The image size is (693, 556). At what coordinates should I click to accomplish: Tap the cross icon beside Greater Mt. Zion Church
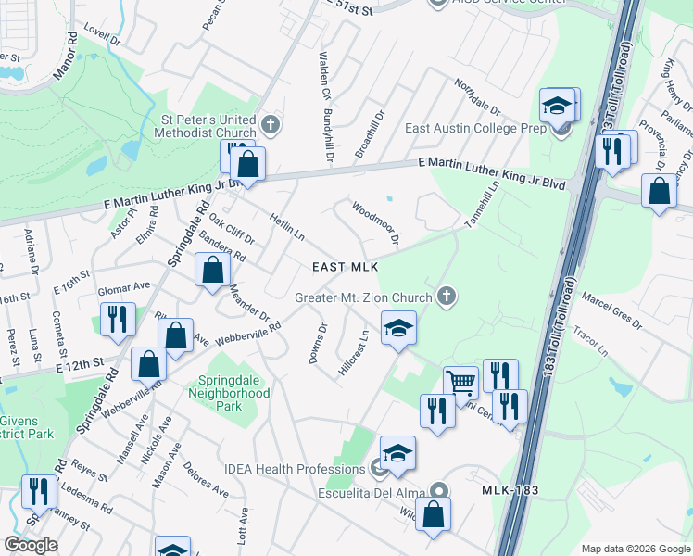pyautogui.click(x=447, y=297)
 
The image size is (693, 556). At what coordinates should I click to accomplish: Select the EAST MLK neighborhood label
pyautogui.click(x=346, y=267)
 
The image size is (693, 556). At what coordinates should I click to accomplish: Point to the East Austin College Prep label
pyautogui.click(x=475, y=129)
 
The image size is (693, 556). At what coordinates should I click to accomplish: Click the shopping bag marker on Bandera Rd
pyautogui.click(x=213, y=270)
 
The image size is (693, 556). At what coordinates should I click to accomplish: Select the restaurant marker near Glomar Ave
pyautogui.click(x=119, y=319)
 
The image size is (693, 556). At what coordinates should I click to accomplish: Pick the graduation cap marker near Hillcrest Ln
pyautogui.click(x=398, y=328)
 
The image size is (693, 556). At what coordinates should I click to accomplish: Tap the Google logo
pyautogui.click(x=31, y=545)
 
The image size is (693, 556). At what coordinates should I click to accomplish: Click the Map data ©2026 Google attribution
pyautogui.click(x=635, y=549)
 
